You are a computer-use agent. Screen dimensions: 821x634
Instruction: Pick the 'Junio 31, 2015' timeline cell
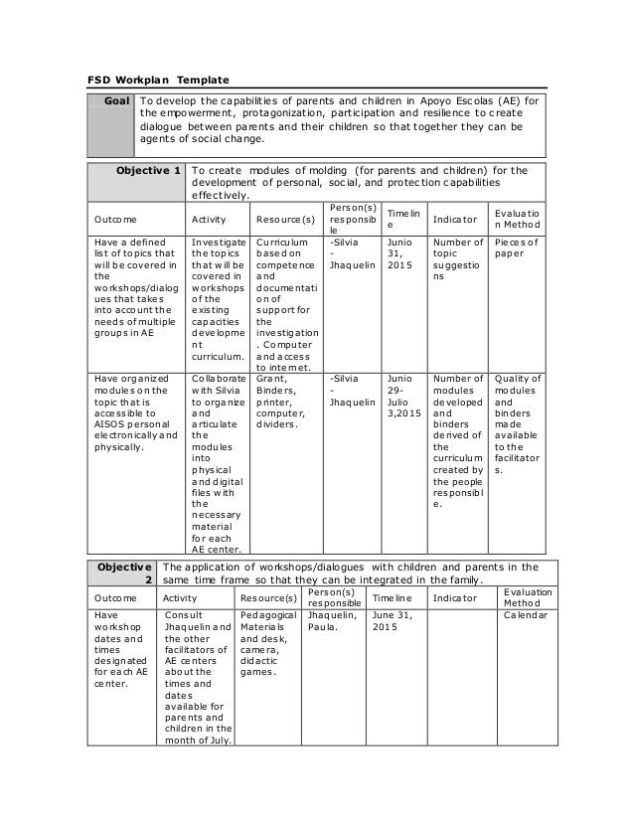click(x=400, y=255)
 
